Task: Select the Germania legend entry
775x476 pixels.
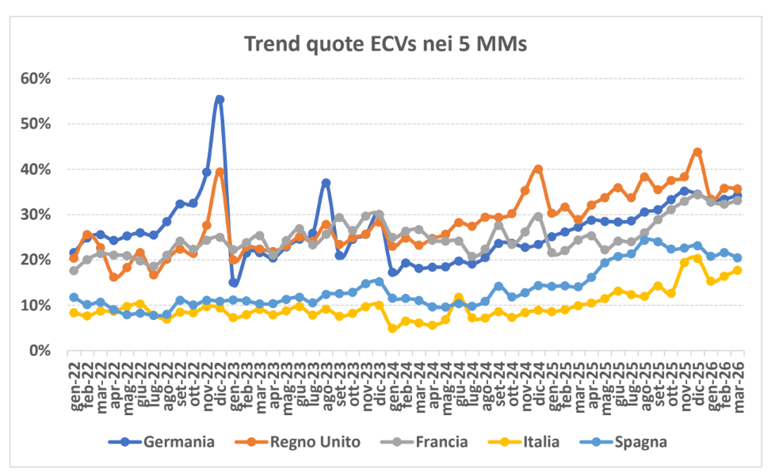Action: (x=178, y=442)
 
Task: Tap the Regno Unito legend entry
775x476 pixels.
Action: (x=318, y=442)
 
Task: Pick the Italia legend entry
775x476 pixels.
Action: (x=539, y=442)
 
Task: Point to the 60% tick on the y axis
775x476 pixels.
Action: (x=36, y=78)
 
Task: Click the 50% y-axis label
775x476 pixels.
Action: (x=36, y=124)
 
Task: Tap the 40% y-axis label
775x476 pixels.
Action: (x=36, y=169)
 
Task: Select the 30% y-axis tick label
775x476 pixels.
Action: (x=36, y=215)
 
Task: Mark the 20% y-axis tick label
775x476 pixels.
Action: (x=36, y=260)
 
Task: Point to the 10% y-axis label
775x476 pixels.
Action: (x=36, y=306)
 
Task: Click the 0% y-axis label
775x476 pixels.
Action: (x=40, y=351)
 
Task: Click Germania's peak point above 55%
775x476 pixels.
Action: (x=220, y=100)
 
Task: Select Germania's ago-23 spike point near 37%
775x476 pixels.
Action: (x=326, y=183)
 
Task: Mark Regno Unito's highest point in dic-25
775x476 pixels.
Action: (x=697, y=152)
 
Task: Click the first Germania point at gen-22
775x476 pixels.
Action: (x=74, y=253)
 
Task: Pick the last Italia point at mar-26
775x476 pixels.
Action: (x=737, y=270)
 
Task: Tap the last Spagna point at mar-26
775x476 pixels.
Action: (x=737, y=257)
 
